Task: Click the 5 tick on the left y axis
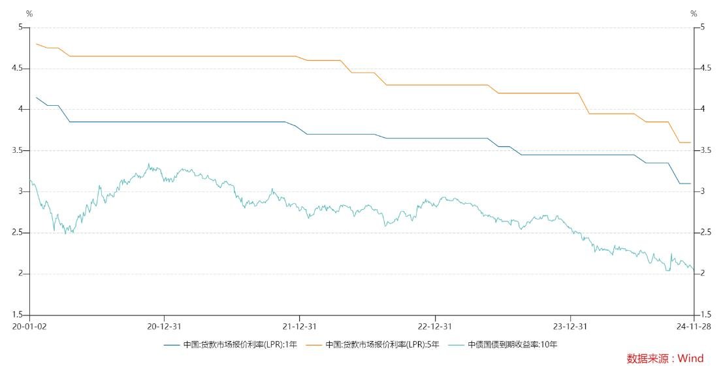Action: [21, 27]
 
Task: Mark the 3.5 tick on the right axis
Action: [705, 151]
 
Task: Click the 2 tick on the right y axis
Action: [702, 274]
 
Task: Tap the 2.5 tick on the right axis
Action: [705, 233]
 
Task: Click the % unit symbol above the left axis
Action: [29, 14]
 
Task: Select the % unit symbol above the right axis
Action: [694, 14]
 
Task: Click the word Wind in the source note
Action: [690, 359]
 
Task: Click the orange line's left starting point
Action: [36, 44]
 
